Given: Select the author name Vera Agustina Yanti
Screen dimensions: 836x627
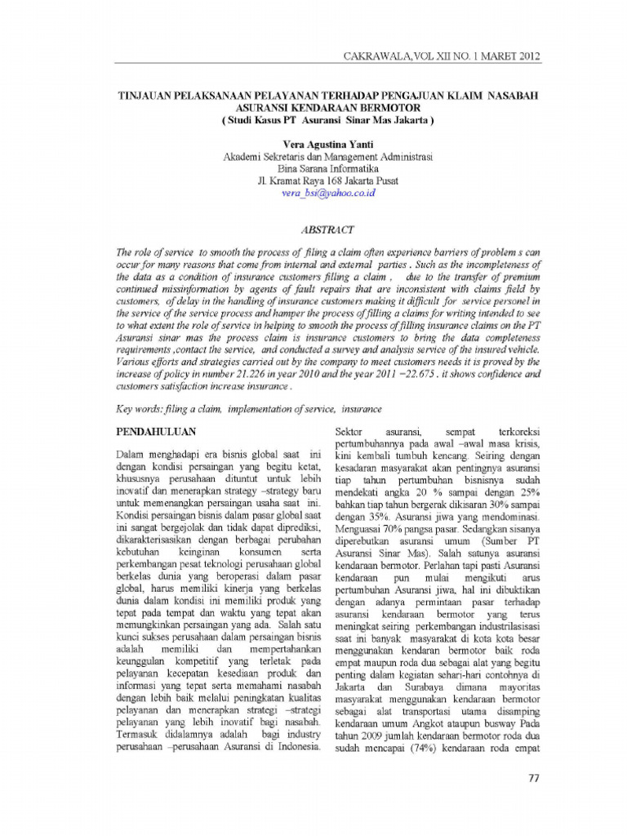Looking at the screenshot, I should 328,143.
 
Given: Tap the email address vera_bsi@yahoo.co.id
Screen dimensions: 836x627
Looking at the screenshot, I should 327,193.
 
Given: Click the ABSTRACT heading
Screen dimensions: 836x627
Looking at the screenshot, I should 327,229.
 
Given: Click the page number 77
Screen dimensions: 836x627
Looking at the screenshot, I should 534,776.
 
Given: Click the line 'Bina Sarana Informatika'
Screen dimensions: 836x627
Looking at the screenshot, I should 327,168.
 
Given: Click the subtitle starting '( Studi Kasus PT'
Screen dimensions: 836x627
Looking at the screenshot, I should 327,119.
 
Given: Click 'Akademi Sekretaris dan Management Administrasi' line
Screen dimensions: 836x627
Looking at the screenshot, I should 327,156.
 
